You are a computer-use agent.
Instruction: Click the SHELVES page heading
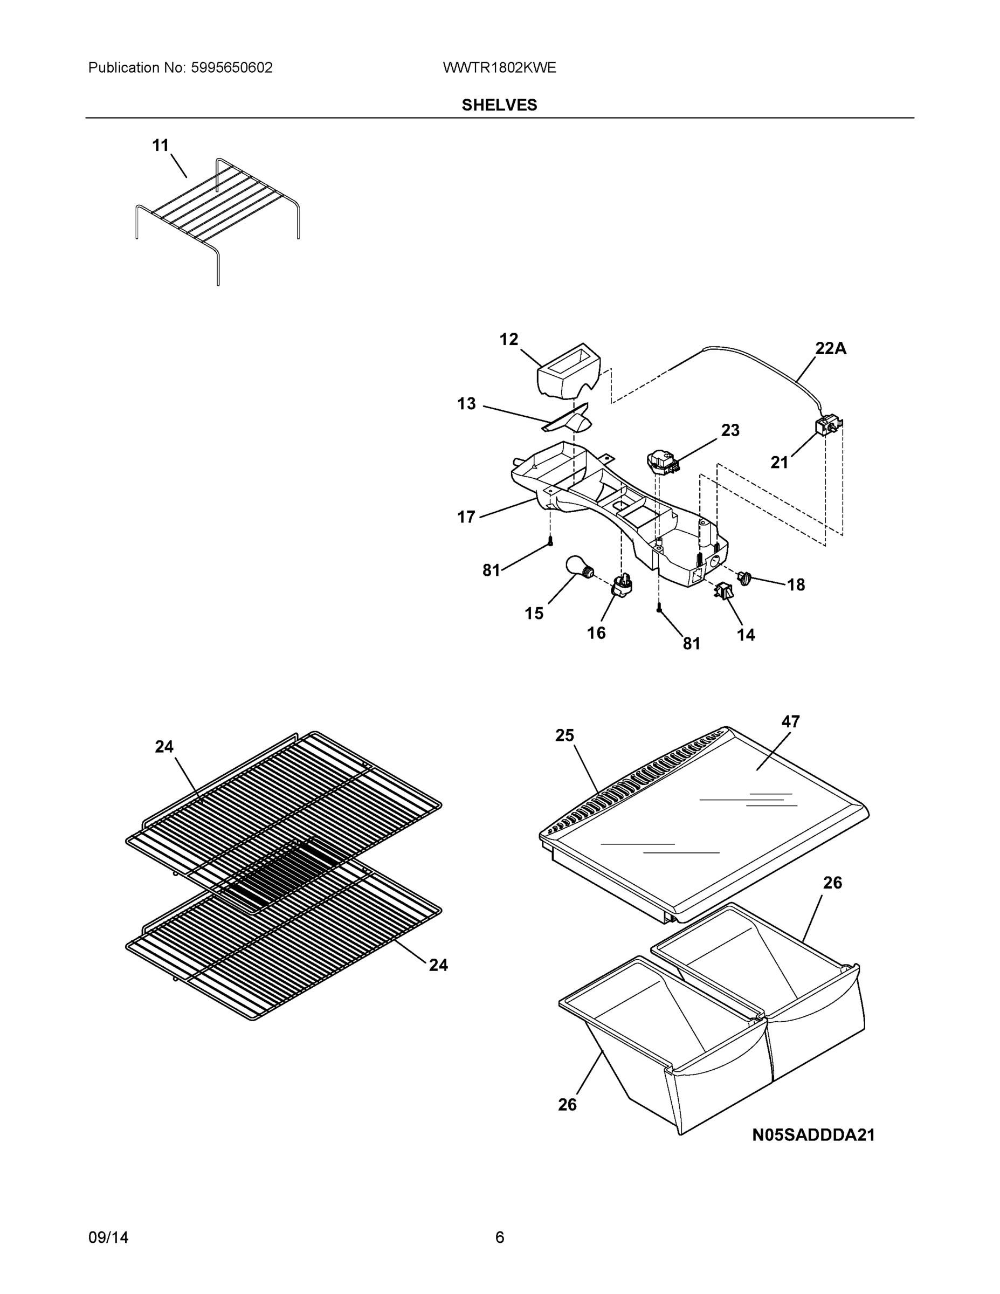click(x=499, y=105)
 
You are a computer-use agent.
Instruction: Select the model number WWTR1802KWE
click(x=499, y=67)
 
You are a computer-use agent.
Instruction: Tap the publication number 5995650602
click(x=231, y=67)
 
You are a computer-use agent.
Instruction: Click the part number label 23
click(x=730, y=430)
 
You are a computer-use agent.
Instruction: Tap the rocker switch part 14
click(x=723, y=591)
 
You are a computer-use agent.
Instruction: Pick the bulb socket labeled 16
click(x=621, y=587)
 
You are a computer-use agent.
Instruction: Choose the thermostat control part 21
click(x=827, y=426)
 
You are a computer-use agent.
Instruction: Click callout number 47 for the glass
click(x=790, y=721)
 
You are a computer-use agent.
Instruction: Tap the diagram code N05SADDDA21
click(x=813, y=1134)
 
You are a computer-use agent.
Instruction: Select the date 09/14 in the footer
click(x=108, y=1237)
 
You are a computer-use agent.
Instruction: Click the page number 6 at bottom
click(x=499, y=1237)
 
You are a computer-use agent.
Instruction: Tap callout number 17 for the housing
click(x=466, y=517)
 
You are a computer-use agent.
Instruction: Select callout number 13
click(x=466, y=403)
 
